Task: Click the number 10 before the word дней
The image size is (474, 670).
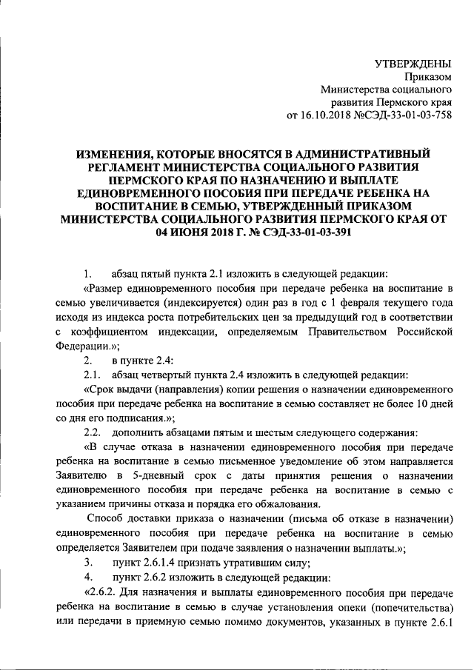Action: pyautogui.click(x=424, y=403)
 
